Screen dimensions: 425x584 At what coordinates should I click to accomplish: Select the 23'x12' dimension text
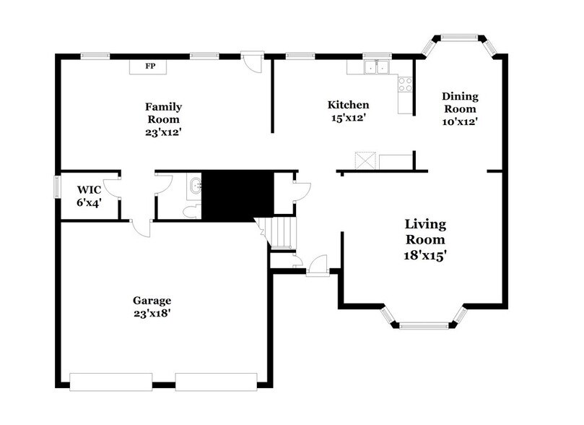point(163,132)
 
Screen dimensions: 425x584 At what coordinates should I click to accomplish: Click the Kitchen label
point(348,105)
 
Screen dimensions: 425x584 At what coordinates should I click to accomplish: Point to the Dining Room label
point(460,103)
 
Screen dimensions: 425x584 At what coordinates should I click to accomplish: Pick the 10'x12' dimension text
point(460,121)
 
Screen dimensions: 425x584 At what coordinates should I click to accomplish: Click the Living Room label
point(424,232)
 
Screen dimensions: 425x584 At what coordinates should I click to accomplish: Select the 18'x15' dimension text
point(424,255)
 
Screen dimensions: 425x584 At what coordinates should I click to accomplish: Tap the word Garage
point(152,300)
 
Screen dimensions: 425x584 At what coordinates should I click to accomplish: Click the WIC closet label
point(88,190)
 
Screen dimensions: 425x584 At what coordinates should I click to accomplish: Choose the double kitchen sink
point(375,68)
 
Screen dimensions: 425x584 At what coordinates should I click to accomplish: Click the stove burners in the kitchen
point(406,85)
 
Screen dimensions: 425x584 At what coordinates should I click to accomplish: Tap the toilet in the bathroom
point(191,210)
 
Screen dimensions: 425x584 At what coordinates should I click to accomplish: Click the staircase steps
point(282,232)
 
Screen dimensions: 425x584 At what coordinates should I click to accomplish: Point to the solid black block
point(237,194)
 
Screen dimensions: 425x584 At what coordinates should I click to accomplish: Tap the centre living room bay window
point(424,326)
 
